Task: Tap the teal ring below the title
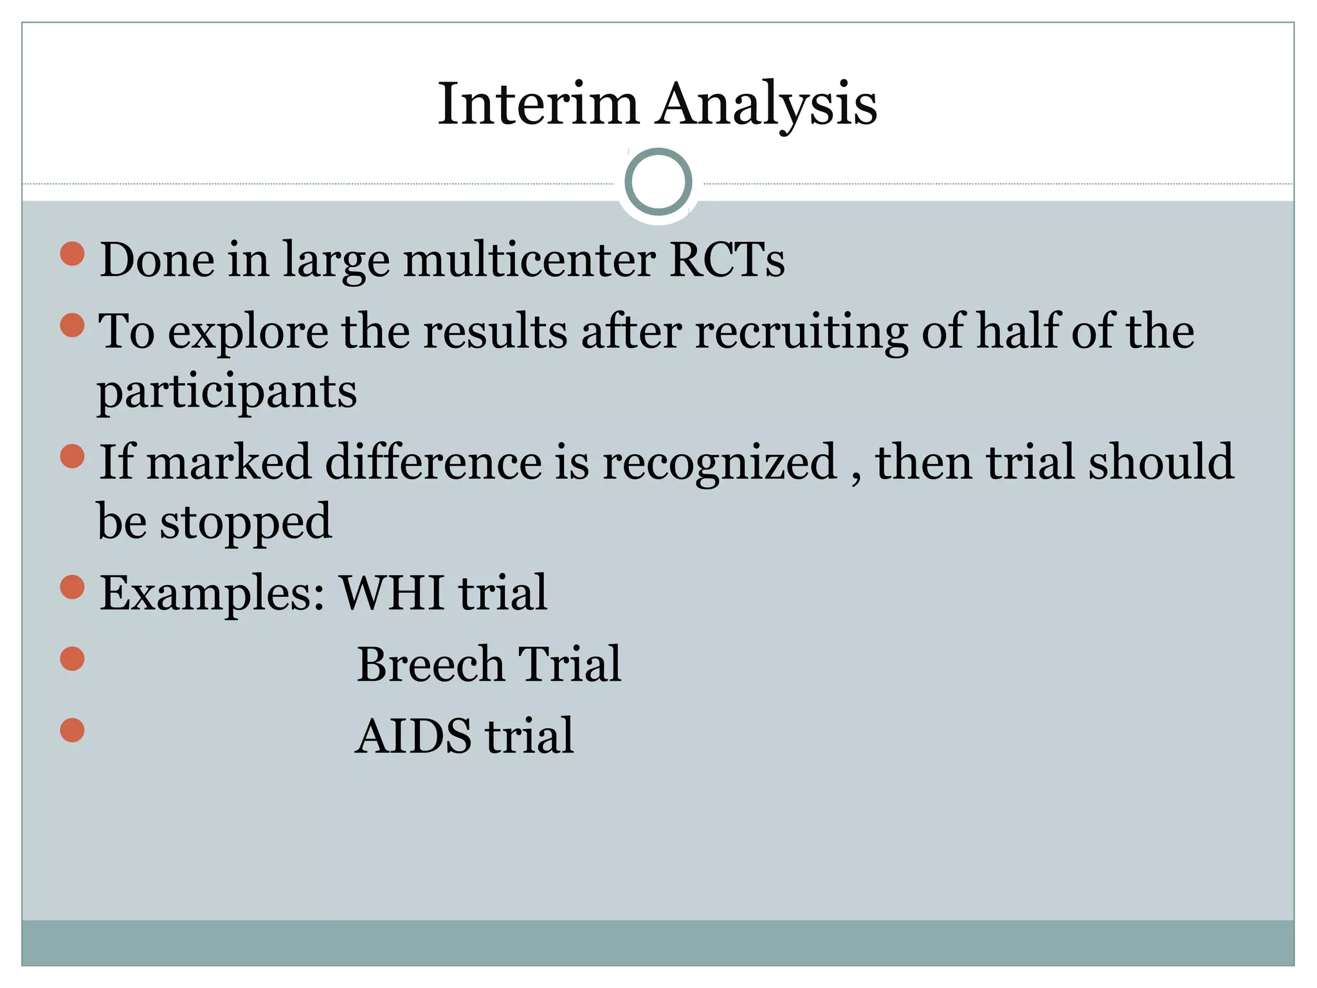tap(658, 182)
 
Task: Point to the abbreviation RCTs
tap(727, 260)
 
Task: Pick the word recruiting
tap(801, 332)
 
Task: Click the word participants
tap(227, 392)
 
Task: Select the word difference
tap(433, 462)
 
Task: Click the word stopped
tap(246, 522)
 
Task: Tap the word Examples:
tap(212, 593)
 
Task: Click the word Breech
tap(430, 664)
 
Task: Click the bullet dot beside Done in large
tap(73, 254)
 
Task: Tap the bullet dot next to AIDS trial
tap(73, 730)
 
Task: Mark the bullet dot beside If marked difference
tap(73, 456)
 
